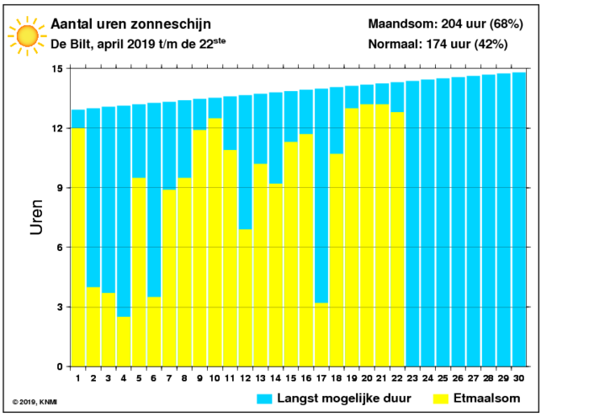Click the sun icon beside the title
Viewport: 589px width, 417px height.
(x=27, y=35)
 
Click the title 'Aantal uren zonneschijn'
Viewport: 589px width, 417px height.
(x=130, y=24)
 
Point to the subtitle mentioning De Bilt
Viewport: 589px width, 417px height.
(x=138, y=44)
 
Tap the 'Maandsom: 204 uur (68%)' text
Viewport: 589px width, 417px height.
(x=445, y=24)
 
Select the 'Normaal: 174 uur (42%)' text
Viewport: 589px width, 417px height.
(x=438, y=44)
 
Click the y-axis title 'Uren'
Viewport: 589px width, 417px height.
(x=36, y=217)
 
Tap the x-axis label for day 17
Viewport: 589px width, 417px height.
(x=321, y=378)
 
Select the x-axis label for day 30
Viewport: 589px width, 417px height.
(x=519, y=378)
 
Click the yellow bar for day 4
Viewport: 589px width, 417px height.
(x=124, y=341)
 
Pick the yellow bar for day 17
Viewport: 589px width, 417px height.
(x=321, y=334)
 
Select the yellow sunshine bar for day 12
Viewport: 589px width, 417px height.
(x=246, y=298)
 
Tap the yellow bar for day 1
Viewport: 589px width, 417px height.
(x=78, y=247)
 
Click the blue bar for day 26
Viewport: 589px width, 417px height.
(x=458, y=222)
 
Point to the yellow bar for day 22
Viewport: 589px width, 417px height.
(x=397, y=239)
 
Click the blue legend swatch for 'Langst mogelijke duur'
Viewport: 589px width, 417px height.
(x=264, y=398)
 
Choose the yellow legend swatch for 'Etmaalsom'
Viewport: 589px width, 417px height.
(x=441, y=398)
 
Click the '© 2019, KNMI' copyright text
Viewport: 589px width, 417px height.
(x=34, y=402)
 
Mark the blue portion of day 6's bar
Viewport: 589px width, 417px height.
(x=154, y=200)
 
